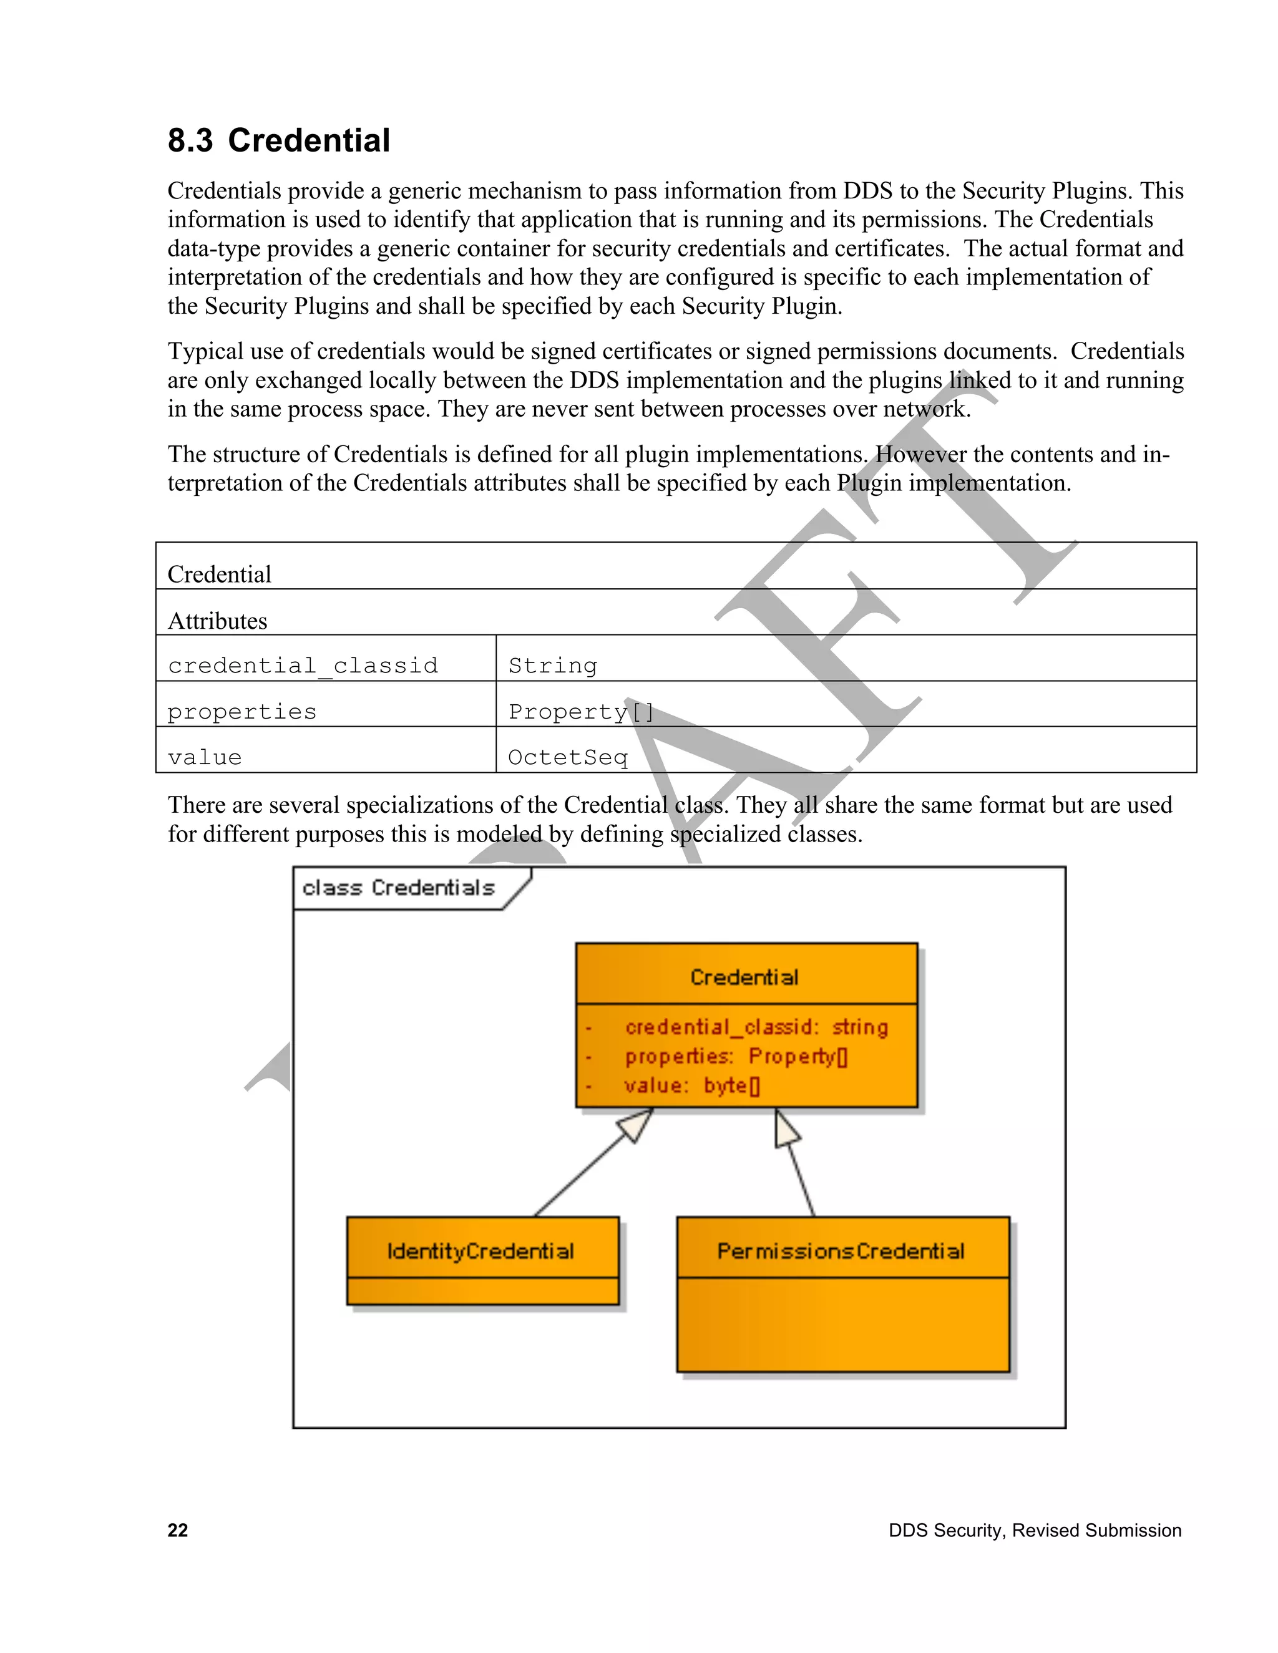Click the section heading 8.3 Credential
pos(278,141)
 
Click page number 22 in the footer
pos(177,1530)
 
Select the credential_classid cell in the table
pos(303,666)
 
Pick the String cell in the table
pos(553,666)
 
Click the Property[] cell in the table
pos(581,712)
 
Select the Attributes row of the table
pos(218,621)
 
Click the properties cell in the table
pos(242,712)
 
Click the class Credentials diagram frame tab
pos(399,888)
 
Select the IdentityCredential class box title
pos(480,1251)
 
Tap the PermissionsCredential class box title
pos(841,1251)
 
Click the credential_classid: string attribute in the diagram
pos(756,1027)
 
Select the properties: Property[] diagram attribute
pos(736,1057)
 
